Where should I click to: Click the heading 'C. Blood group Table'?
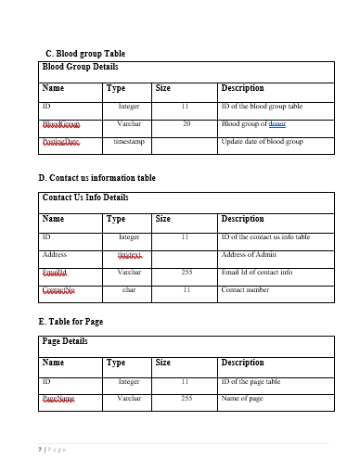84,54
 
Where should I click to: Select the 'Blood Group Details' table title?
81,68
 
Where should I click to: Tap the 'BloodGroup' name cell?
61,124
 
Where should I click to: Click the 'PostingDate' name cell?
61,142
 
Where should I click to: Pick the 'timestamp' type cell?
129,142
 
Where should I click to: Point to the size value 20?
186,124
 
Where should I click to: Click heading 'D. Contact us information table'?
96,177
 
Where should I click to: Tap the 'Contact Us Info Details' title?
85,198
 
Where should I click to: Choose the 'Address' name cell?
55,254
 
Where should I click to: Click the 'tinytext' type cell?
129,255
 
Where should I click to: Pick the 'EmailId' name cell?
57,273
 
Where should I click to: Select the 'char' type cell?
129,290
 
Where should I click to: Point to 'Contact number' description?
246,290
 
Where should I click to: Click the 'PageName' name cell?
58,399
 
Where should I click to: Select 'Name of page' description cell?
242,399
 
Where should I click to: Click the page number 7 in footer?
40,450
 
